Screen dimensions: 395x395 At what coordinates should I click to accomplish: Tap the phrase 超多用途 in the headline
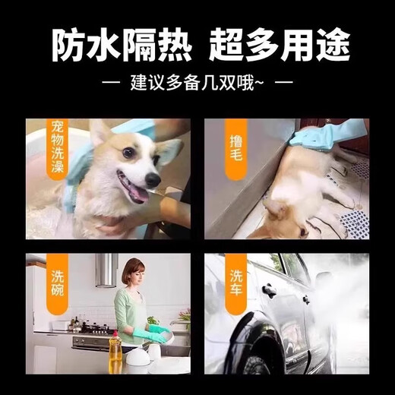(x=279, y=47)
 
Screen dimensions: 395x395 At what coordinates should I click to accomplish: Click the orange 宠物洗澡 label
(x=58, y=148)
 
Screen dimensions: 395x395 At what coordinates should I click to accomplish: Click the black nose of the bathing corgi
(x=152, y=179)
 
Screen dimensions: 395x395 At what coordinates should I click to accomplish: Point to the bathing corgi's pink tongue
(x=135, y=194)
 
